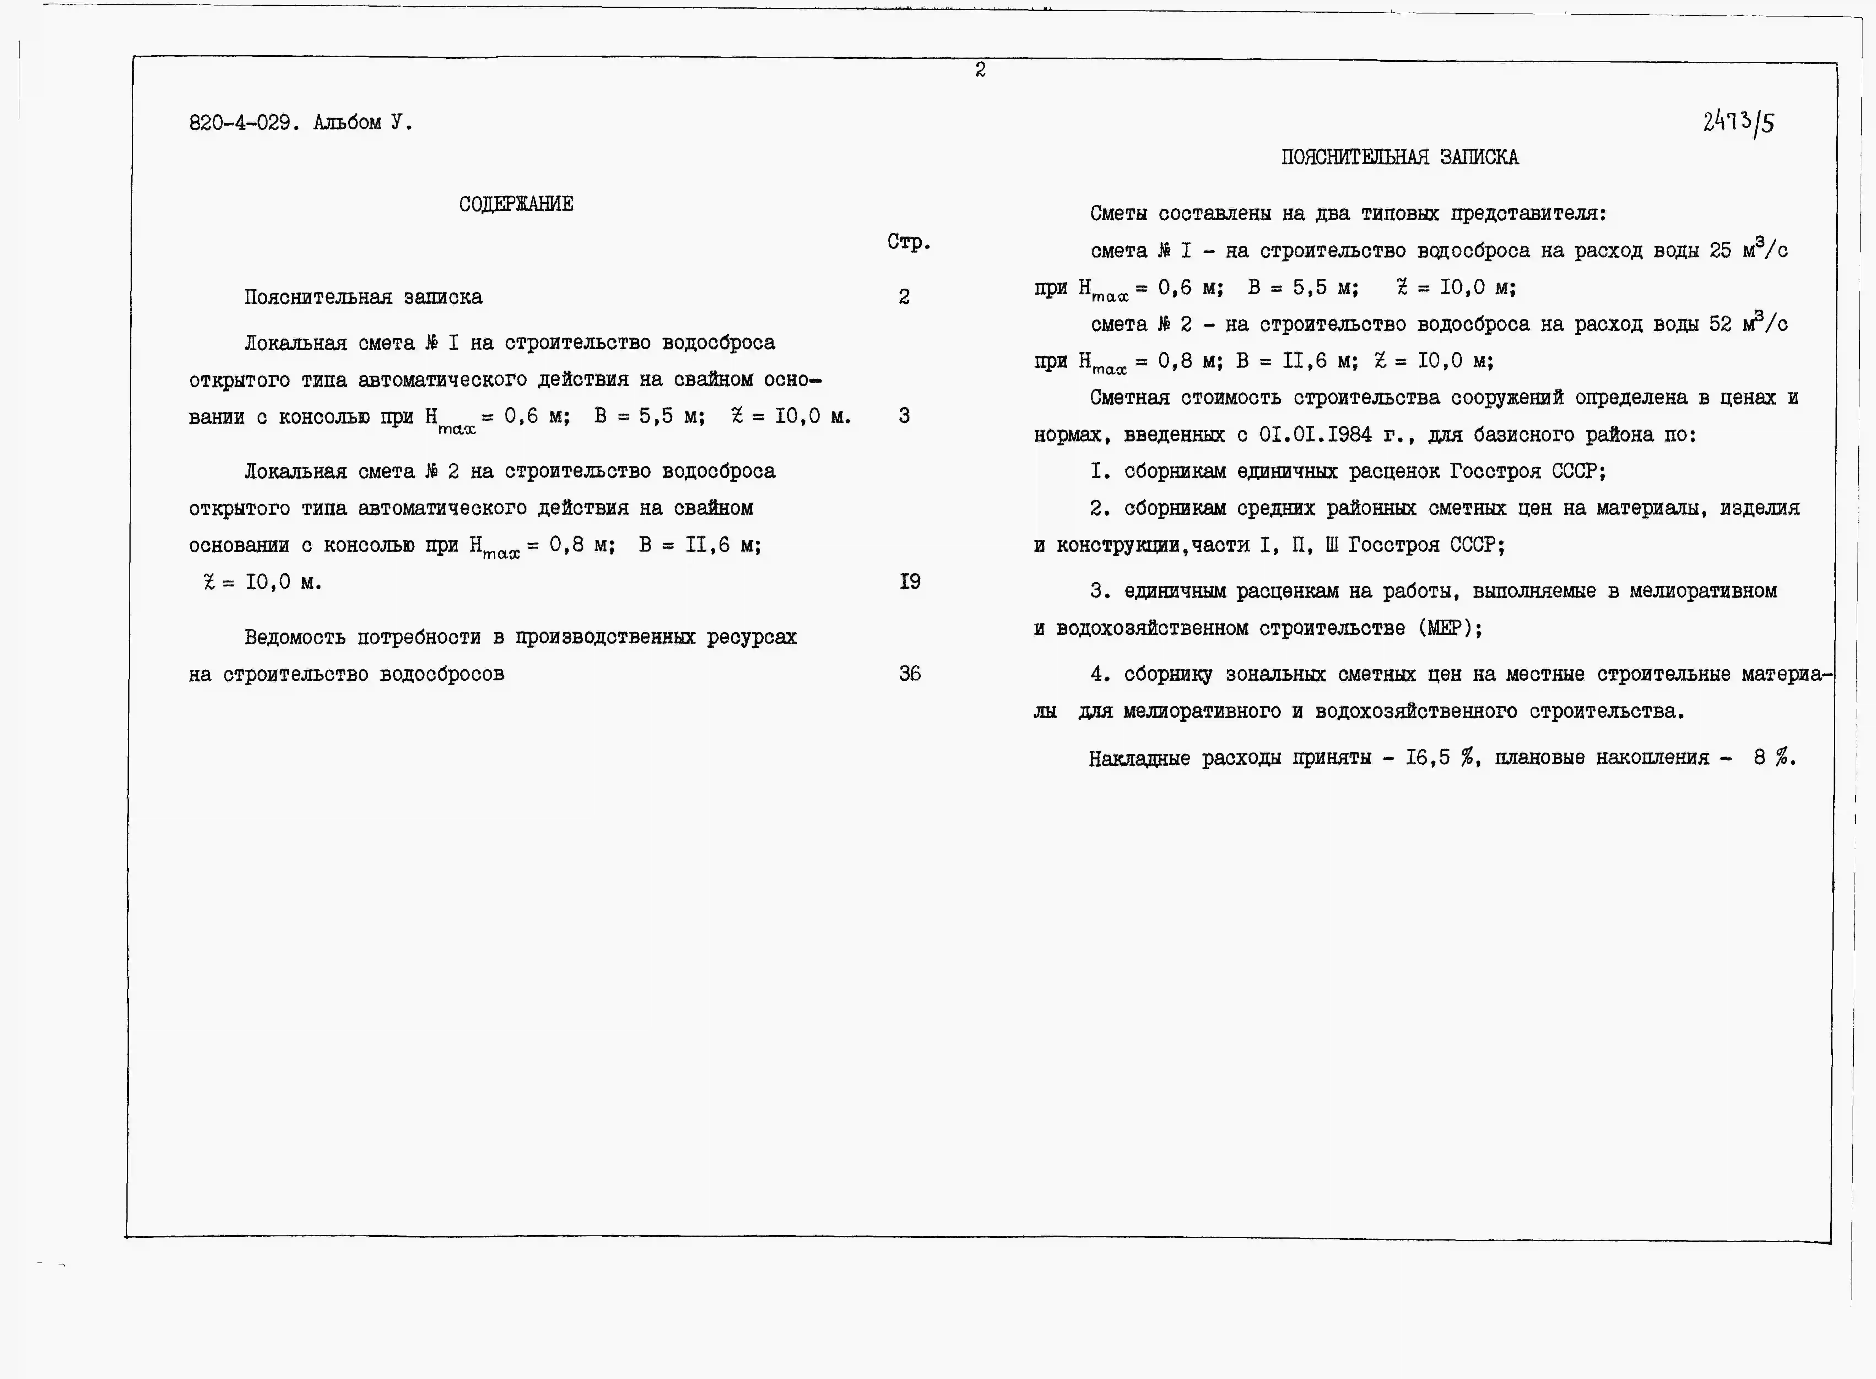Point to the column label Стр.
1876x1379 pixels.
coord(908,242)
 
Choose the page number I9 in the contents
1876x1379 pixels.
coord(909,581)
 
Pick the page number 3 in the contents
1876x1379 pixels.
coord(904,416)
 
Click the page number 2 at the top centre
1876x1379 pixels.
coord(980,70)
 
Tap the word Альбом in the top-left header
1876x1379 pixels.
coord(347,123)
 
